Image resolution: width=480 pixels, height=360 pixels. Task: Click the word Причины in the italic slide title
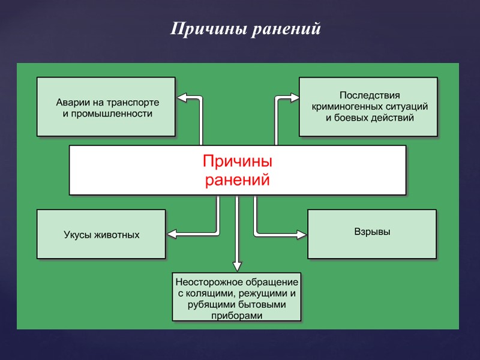197,29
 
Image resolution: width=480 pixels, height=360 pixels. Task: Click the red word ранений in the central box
238,179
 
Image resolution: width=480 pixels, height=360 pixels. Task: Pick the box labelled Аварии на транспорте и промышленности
106,106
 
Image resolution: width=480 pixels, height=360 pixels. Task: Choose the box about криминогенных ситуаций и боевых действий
368,106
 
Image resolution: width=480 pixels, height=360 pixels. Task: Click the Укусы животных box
101,234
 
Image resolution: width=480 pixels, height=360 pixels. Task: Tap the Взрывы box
372,233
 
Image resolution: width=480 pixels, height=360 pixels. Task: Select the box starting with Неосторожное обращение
237,297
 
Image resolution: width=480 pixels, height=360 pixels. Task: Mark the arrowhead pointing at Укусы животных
172,233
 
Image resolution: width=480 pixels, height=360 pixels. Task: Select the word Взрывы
372,231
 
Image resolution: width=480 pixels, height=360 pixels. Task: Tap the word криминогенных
345,106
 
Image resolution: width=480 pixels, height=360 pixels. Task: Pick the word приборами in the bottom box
237,316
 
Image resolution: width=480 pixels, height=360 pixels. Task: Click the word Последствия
370,95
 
